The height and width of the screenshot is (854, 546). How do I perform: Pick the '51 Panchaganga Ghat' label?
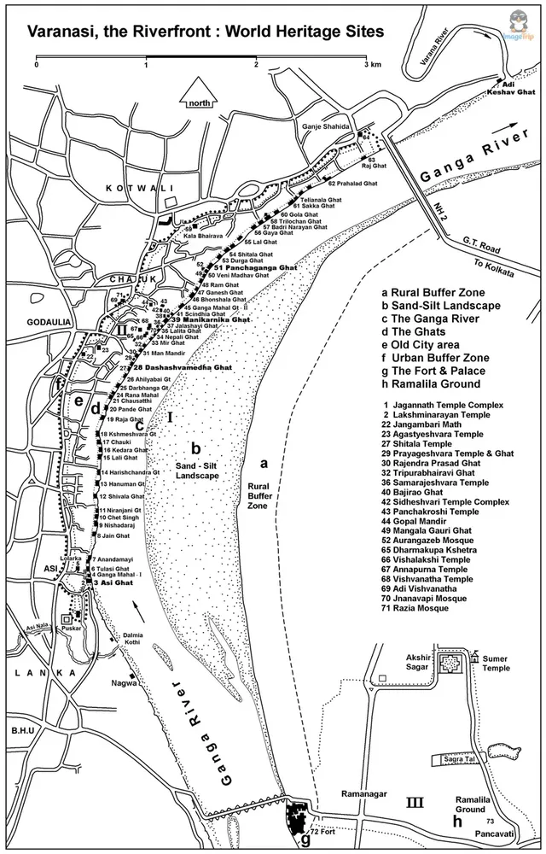tap(255, 268)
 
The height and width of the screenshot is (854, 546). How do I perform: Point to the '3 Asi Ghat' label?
tap(107, 582)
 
